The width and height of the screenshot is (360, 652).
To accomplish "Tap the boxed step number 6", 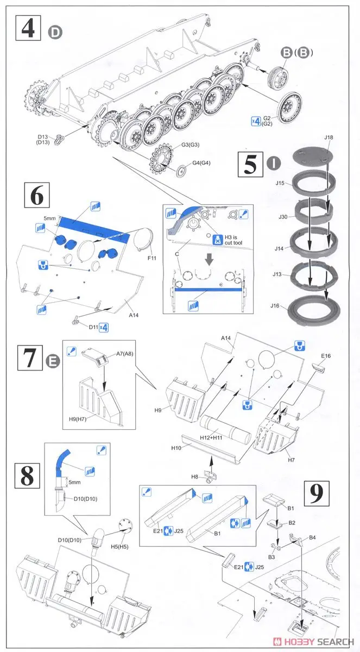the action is click(36, 196).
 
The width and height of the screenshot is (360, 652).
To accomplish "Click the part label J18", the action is click(328, 139).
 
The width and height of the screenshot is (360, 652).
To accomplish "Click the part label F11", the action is click(151, 258).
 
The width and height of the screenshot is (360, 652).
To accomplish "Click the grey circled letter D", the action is click(56, 33).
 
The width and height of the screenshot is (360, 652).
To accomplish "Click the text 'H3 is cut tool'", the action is click(231, 241).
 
